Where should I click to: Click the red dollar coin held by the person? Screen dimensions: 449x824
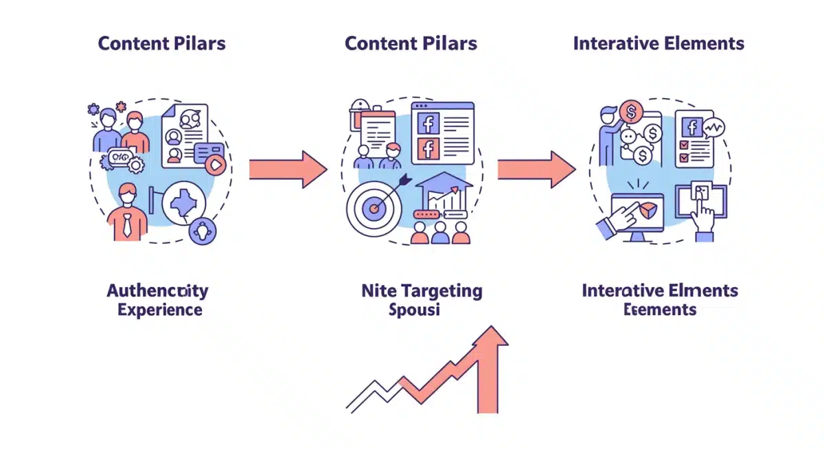point(630,110)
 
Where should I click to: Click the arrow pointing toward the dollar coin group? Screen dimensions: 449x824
point(536,169)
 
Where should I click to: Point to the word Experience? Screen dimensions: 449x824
point(159,310)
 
